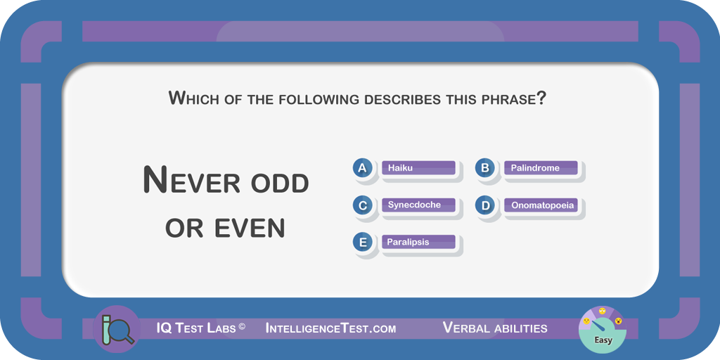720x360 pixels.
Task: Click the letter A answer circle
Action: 362,168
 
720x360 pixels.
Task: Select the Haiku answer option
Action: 418,168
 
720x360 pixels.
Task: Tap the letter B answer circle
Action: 485,168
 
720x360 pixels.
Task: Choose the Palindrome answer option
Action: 541,168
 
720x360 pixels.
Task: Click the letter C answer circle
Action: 362,205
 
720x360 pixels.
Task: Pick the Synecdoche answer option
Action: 418,205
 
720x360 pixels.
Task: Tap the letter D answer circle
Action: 485,205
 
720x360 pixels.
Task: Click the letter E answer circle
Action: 362,242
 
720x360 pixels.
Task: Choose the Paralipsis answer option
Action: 418,242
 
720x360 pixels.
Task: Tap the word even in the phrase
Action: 250,228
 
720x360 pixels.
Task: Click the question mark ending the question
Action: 541,98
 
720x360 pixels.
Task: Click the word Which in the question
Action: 193,98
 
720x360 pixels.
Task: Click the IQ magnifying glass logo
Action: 117,329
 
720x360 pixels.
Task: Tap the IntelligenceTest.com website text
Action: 330,328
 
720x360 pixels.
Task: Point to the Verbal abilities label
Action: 495,328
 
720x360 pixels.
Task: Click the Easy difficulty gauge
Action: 602,329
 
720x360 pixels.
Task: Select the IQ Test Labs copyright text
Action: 200,328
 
